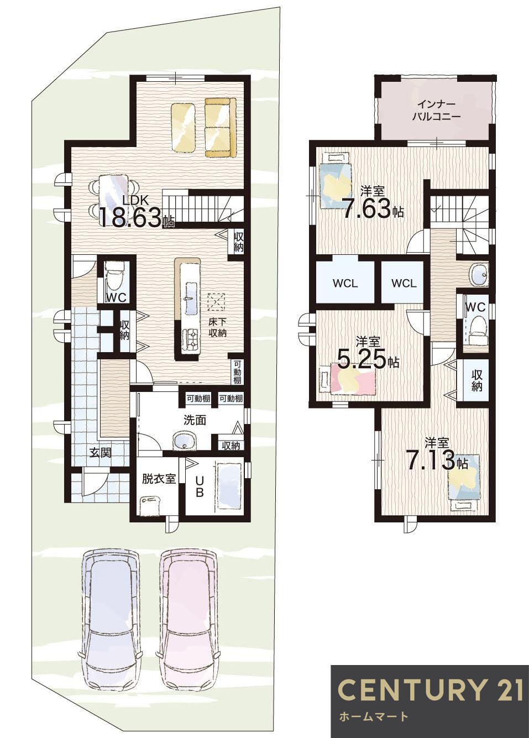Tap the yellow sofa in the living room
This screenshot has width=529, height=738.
(x=221, y=127)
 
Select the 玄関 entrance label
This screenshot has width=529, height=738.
(x=101, y=453)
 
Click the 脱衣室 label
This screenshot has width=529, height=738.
(x=159, y=479)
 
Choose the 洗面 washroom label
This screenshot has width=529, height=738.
(x=195, y=420)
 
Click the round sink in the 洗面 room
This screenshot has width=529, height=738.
(x=185, y=441)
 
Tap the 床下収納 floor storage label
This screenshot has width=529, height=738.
(x=218, y=327)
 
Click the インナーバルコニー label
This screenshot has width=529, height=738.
(x=436, y=111)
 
